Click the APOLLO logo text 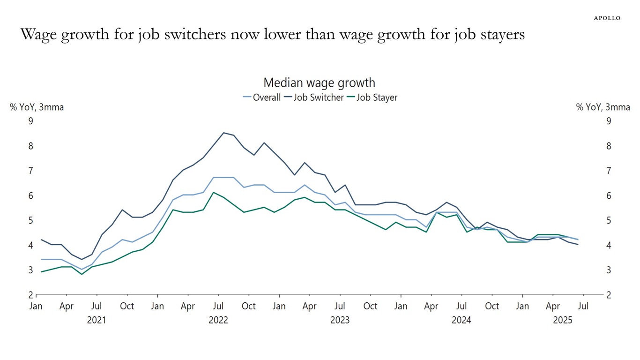[607, 18]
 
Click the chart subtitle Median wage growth [319, 83]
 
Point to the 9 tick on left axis [31, 121]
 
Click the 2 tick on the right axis [609, 295]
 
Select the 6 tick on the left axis [31, 195]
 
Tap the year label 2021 [96, 321]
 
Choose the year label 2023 [340, 321]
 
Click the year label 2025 [562, 321]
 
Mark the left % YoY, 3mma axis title [37, 107]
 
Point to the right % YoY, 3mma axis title [603, 107]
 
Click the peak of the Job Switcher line [223, 133]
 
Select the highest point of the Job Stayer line [213, 192]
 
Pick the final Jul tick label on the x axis [584, 306]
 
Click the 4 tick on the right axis [609, 245]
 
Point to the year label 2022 [218, 321]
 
